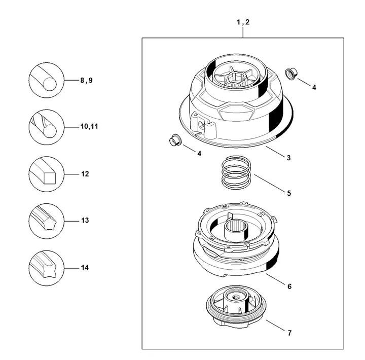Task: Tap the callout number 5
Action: pyautogui.click(x=289, y=193)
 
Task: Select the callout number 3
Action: pyautogui.click(x=288, y=158)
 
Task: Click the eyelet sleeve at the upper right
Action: pyautogui.click(x=291, y=74)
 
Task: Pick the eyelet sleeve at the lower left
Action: pyautogui.click(x=175, y=140)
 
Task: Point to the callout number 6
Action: pyautogui.click(x=289, y=286)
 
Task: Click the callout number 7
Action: pyautogui.click(x=289, y=333)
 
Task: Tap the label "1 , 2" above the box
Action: pyautogui.click(x=243, y=22)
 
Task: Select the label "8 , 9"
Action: pyautogui.click(x=86, y=80)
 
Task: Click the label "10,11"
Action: pyautogui.click(x=89, y=126)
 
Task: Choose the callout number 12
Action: pyautogui.click(x=85, y=174)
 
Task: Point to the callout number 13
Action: pyautogui.click(x=85, y=220)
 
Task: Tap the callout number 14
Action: pyautogui.click(x=85, y=268)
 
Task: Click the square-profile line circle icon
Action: pyautogui.click(x=46, y=174)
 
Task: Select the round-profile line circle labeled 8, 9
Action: pyautogui.click(x=46, y=80)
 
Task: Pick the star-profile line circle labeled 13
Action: pyautogui.click(x=46, y=221)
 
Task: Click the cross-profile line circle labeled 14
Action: pyautogui.click(x=46, y=268)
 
